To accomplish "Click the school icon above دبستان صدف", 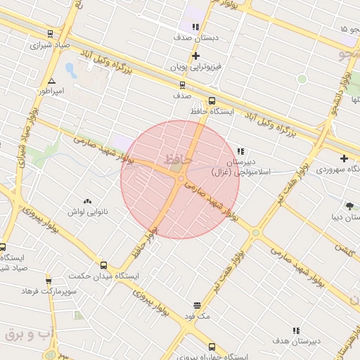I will (195, 27).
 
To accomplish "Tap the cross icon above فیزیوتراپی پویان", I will (195, 56).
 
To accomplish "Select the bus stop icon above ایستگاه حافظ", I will (212, 101).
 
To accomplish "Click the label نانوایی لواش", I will (86, 211).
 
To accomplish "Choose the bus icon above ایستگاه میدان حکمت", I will (104, 265).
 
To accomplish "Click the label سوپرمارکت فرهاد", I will (49, 290).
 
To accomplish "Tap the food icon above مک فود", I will (196, 306).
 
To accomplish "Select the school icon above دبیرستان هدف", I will (297, 330).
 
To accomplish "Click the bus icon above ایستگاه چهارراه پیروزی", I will (212, 347).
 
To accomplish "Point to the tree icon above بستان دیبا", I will (349, 205).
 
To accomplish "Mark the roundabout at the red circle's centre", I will (181, 179).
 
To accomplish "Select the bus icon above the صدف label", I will (183, 85).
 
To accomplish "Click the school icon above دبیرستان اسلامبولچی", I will (240, 151).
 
